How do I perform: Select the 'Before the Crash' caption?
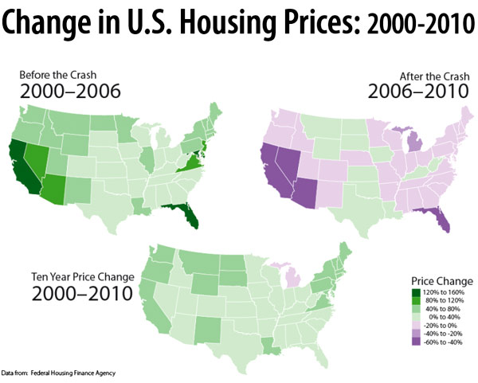[54, 76]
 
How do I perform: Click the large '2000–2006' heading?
[70, 92]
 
